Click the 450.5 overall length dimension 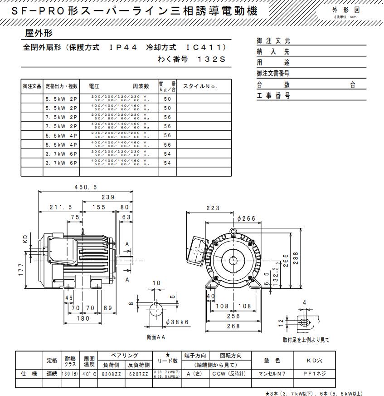coord(85,187)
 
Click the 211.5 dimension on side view coord(61,207)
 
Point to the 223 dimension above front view coord(212,208)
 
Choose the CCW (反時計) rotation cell coord(230,373)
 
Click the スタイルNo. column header coord(200,86)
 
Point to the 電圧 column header coord(94,86)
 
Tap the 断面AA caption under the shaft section coord(156,337)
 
